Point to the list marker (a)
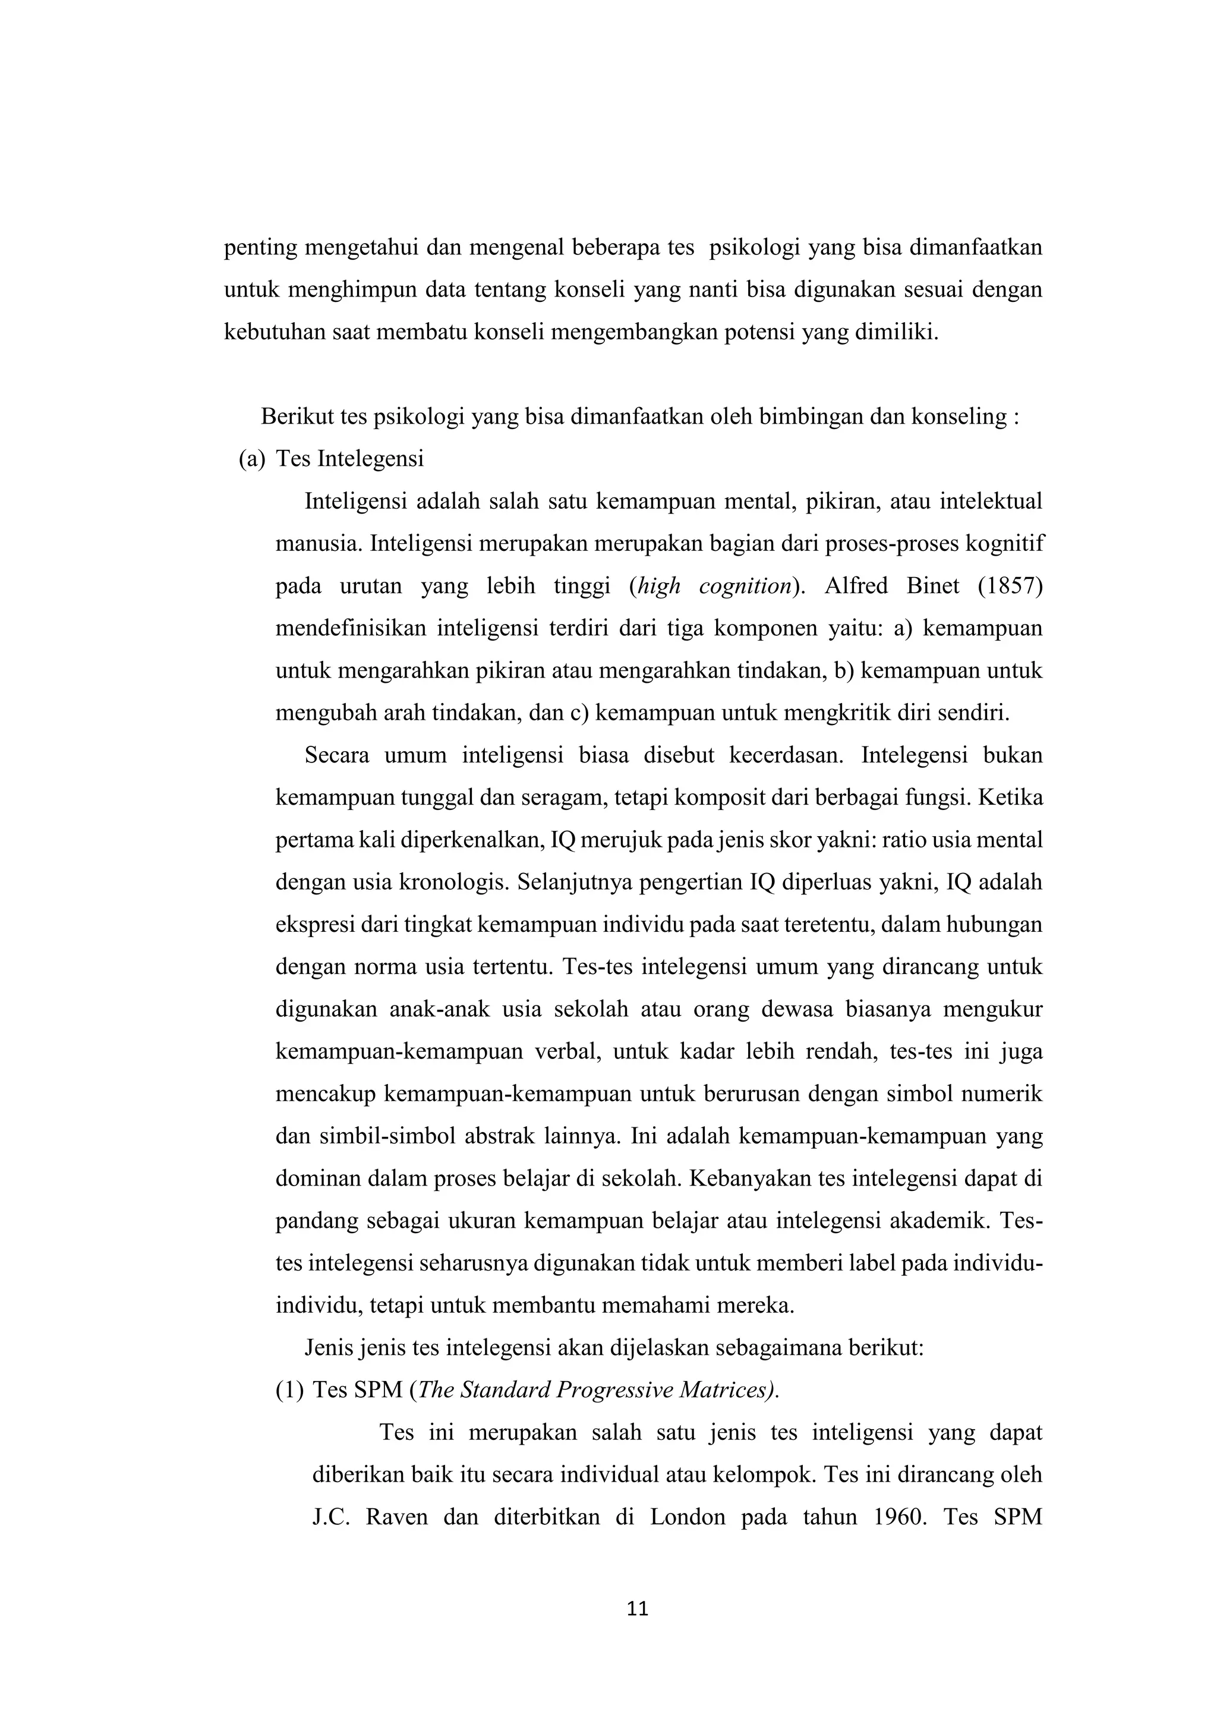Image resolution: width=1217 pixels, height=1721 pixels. pyautogui.click(x=252, y=459)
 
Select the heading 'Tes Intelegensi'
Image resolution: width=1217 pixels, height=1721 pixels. pyautogui.click(x=349, y=459)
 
